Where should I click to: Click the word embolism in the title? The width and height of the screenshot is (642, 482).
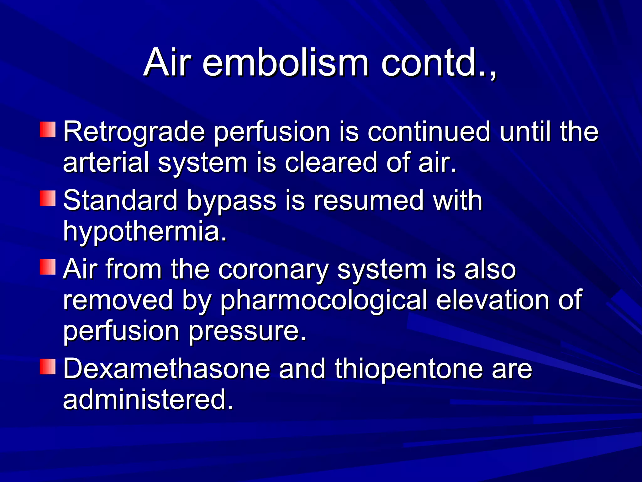click(x=285, y=63)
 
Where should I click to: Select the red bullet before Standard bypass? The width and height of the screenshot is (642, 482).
click(x=48, y=198)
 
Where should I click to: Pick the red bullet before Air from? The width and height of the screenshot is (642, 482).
click(x=48, y=267)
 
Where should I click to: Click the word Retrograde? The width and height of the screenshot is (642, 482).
click(x=134, y=132)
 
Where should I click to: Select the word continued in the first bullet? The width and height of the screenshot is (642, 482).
click(x=429, y=132)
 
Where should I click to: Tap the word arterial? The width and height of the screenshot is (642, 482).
click(x=106, y=163)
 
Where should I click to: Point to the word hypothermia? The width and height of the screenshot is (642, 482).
click(x=145, y=232)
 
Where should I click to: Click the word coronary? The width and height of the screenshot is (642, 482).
click(x=273, y=269)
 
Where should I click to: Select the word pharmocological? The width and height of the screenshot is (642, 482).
click(x=324, y=301)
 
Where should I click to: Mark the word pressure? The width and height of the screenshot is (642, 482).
click(x=247, y=331)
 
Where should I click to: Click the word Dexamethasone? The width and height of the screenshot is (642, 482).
click(x=166, y=369)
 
